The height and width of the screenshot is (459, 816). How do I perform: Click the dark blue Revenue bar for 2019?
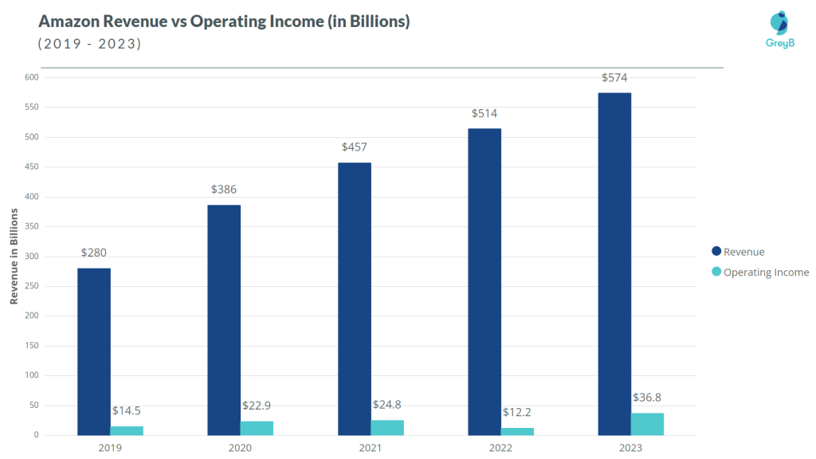94,351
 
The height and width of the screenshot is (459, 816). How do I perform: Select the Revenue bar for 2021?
354,299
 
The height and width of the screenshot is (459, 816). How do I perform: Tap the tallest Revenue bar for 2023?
614,264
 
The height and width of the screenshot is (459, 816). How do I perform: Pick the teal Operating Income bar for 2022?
517,431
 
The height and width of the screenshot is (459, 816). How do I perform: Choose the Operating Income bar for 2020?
257,428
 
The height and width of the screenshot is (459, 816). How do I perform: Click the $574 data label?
614,77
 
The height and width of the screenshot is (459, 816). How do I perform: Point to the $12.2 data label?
517,412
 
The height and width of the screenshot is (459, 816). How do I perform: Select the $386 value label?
224,190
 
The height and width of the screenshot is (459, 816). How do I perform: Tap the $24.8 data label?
386,405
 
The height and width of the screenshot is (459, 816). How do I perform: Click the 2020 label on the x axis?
240,448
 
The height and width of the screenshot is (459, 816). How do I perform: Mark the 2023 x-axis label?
630,448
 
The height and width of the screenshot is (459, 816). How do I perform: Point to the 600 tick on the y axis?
31,77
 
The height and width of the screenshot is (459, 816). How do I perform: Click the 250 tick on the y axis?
31,226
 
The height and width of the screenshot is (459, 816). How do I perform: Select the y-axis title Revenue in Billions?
14,256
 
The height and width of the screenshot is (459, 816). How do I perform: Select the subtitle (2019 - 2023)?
90,44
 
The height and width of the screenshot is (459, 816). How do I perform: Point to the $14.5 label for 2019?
127,411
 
